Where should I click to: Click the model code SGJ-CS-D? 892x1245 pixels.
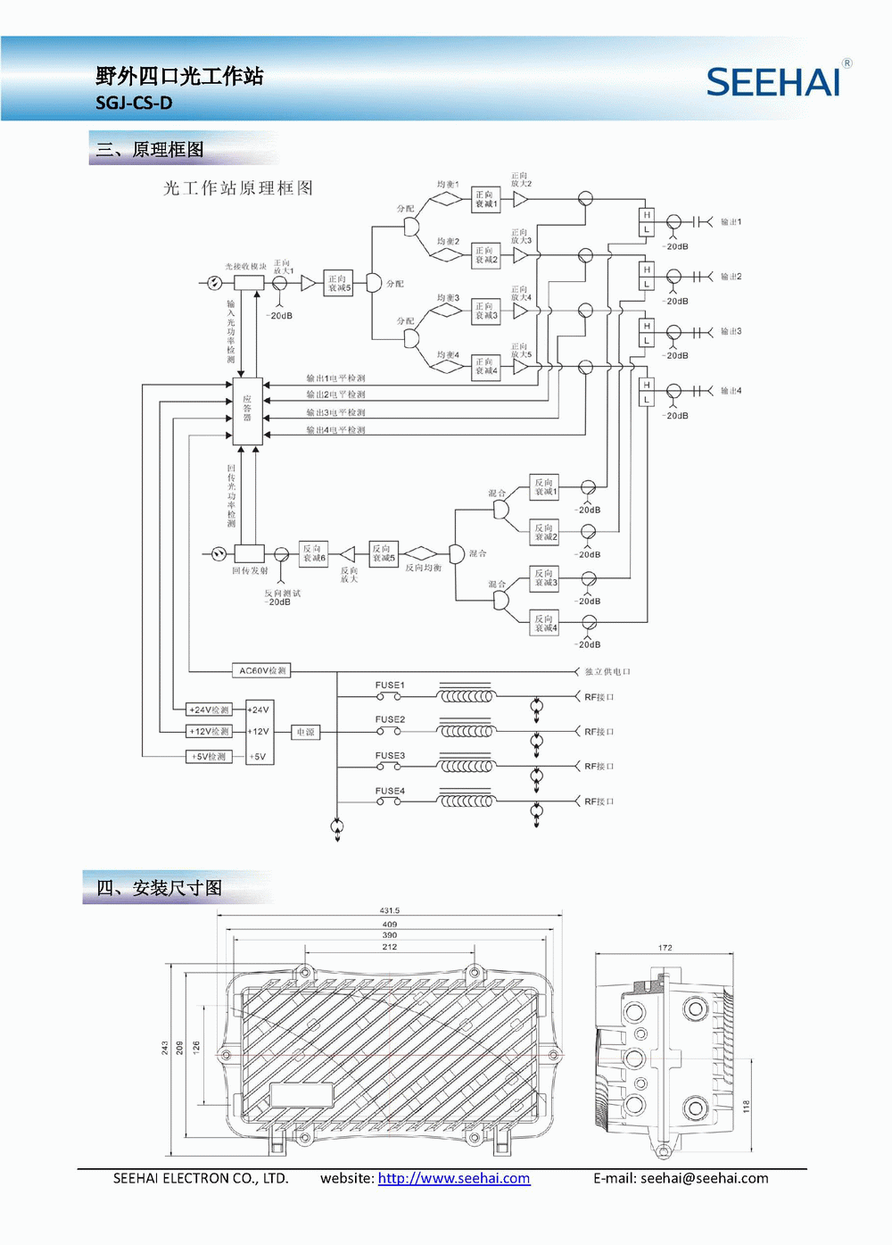point(134,103)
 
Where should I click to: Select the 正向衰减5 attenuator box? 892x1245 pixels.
point(339,284)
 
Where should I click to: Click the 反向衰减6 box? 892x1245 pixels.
point(313,553)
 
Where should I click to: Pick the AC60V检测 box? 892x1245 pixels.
point(262,670)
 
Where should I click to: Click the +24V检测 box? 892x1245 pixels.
point(209,710)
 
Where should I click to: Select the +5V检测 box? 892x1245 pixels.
point(209,757)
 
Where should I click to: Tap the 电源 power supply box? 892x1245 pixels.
point(305,732)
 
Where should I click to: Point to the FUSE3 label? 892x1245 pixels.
point(390,756)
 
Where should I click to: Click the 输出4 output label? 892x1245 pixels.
point(731,391)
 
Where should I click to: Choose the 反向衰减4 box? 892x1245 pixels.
point(545,623)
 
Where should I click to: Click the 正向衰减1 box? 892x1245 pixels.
point(485,199)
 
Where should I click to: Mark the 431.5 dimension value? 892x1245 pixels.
point(390,910)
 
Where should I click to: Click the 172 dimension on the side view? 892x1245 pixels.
point(665,948)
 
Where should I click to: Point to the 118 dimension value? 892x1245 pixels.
point(747,1107)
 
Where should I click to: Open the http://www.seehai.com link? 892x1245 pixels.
point(454,1178)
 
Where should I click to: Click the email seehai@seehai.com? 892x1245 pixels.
point(704,1178)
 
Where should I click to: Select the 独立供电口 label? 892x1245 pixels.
point(607,671)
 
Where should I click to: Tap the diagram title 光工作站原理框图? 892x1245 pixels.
point(238,187)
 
